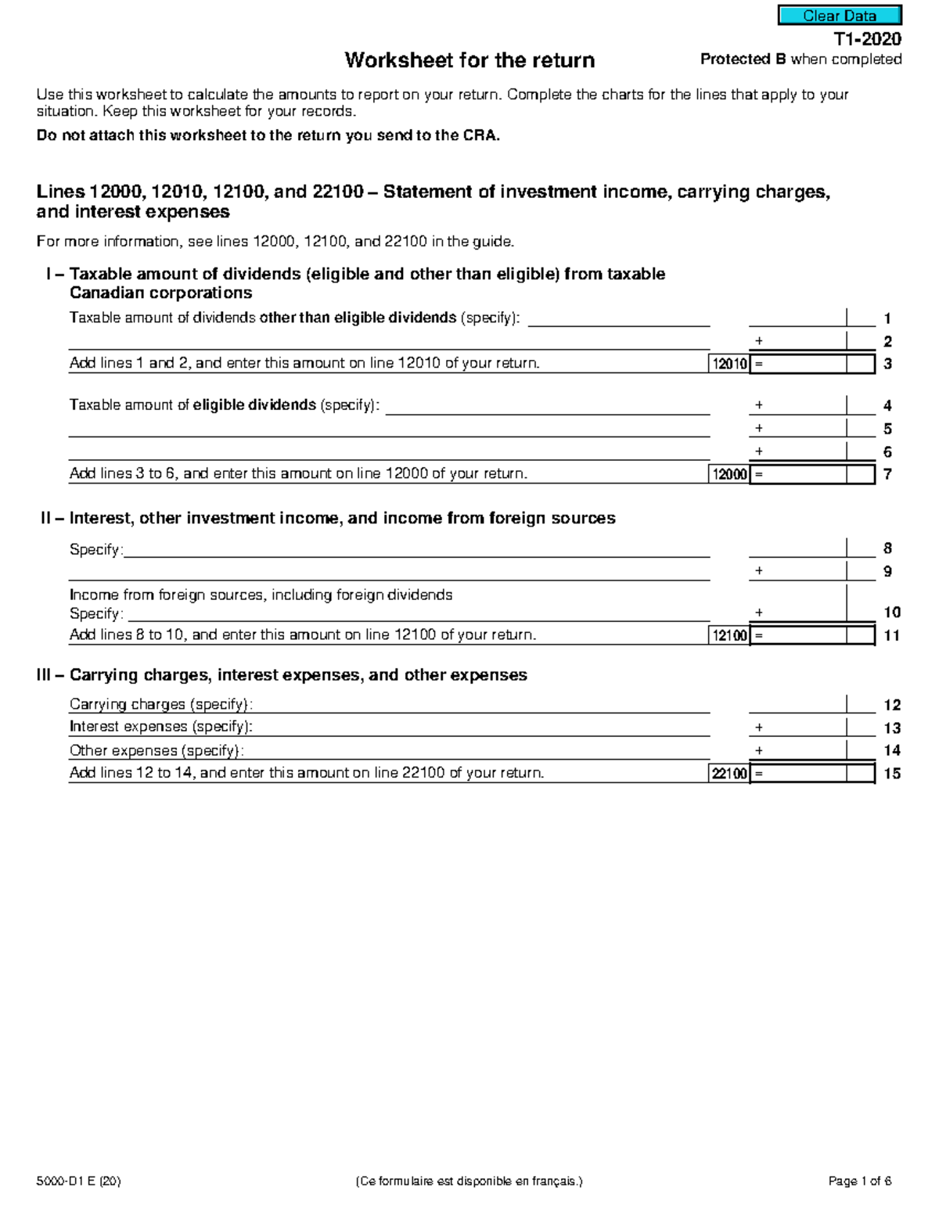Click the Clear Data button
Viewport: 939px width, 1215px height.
839,16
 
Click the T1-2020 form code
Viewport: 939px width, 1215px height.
867,39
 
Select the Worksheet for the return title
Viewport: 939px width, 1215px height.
469,60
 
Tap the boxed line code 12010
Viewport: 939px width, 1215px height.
729,364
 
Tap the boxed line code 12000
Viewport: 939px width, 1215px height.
729,474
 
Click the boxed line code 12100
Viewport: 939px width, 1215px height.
729,635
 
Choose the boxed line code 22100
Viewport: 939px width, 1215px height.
729,774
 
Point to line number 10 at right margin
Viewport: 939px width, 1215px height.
891,613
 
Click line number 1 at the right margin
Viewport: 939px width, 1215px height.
887,318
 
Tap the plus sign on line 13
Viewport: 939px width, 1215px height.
758,728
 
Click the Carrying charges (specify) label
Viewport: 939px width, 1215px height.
161,704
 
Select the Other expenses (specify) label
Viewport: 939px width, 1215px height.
156,750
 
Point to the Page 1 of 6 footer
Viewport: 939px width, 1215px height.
859,1181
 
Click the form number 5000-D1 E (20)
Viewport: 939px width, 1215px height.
78,1181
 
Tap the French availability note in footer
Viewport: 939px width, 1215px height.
469,1181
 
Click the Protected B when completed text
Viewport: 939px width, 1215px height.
800,59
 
